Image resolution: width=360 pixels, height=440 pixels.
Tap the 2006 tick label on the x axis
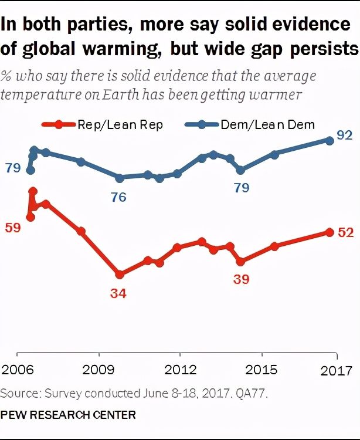point(18,371)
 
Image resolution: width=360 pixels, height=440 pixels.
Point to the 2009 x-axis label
point(99,371)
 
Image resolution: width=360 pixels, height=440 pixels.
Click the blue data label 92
point(344,136)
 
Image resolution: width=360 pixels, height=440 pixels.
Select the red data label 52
point(346,232)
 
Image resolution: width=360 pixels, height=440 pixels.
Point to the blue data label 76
point(119,197)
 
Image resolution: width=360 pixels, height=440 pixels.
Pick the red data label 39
point(241,280)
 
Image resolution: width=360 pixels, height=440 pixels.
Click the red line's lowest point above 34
point(120,274)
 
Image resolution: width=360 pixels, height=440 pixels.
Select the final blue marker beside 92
point(330,140)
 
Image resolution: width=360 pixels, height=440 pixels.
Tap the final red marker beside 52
point(330,232)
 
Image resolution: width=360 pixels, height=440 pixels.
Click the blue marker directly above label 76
point(120,178)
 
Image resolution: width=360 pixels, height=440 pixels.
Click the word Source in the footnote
point(16,391)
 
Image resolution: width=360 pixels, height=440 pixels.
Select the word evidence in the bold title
point(300,25)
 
